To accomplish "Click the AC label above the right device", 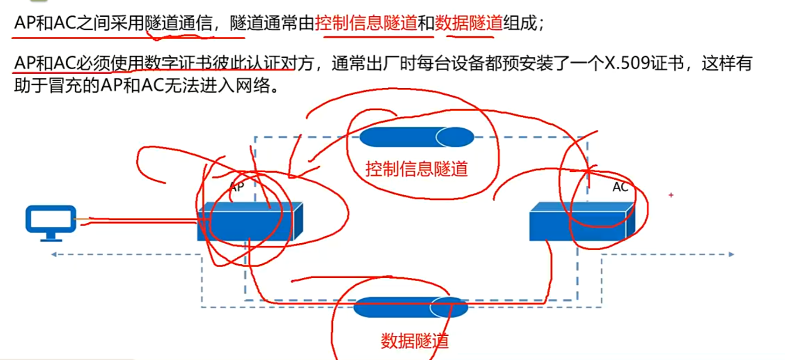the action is (x=620, y=187).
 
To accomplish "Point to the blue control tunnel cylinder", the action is (x=416, y=137).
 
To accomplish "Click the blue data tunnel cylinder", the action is (x=410, y=307).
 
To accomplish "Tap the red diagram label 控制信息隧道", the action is (x=416, y=169).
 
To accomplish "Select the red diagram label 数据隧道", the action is (x=414, y=341).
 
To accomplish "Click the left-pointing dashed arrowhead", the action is (x=54, y=254).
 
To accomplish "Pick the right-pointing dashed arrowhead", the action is (x=731, y=254).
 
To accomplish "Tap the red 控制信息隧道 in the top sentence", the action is (x=366, y=23).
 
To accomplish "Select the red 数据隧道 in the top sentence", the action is (x=469, y=23).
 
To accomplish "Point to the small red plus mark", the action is (x=671, y=195).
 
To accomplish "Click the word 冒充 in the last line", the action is (x=65, y=85).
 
